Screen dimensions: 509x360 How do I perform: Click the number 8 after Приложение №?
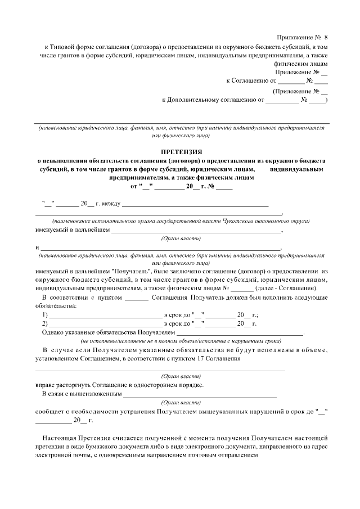pos(325,36)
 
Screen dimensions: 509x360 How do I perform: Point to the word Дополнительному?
pos(197,100)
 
